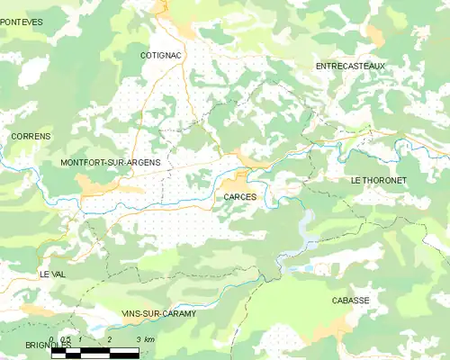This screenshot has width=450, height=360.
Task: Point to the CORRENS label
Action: (31, 136)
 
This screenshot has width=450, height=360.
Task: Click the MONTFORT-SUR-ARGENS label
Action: (110, 162)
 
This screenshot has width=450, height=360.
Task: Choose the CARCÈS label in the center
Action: (240, 195)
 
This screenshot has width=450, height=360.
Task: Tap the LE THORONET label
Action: (379, 180)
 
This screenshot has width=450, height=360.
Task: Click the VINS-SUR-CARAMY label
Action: (158, 312)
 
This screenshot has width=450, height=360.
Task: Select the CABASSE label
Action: (350, 300)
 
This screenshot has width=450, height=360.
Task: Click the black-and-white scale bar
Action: (95, 352)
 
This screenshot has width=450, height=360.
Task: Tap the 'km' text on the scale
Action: (149, 339)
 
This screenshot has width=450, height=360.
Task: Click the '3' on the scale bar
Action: (138, 339)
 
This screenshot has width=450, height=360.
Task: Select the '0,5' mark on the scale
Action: (66, 339)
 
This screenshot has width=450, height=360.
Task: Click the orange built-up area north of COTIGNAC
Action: (163, 8)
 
